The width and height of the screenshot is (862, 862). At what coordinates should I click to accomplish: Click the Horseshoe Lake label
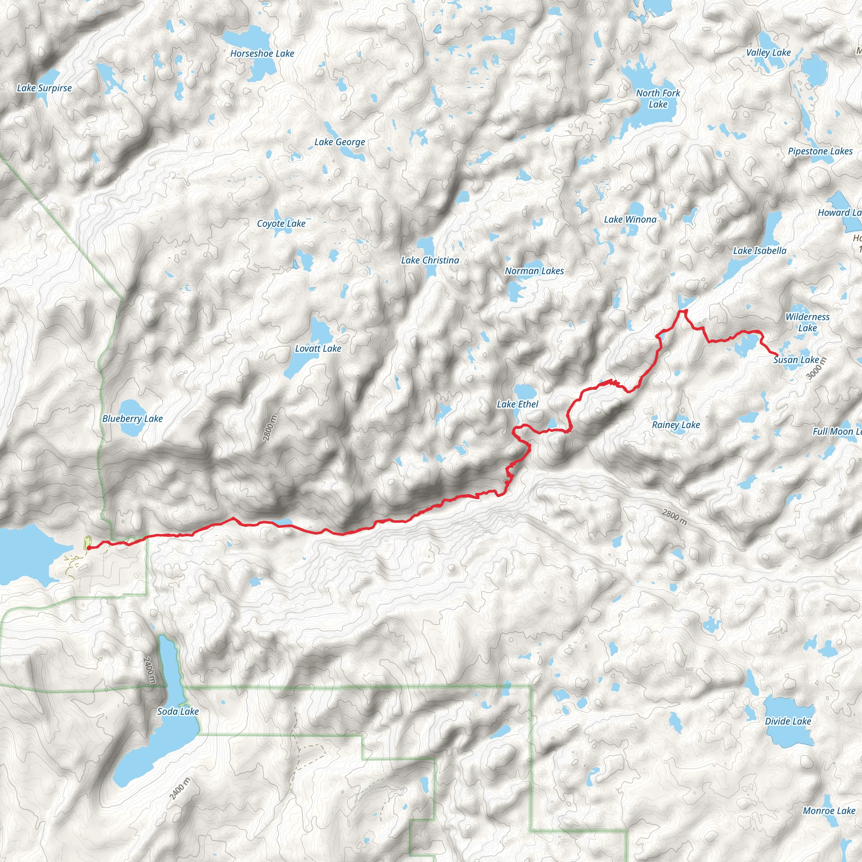click(262, 53)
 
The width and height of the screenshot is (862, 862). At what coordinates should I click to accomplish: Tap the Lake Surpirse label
click(44, 88)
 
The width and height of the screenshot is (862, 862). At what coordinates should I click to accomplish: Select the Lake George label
click(340, 142)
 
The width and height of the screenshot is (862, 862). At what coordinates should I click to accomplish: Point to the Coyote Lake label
click(281, 223)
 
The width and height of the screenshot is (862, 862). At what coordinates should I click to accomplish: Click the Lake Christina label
click(430, 260)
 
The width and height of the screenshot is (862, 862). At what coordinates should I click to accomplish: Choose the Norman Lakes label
click(534, 271)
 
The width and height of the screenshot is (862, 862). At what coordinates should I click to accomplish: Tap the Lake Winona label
click(630, 220)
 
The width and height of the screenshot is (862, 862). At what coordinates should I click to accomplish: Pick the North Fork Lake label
click(658, 98)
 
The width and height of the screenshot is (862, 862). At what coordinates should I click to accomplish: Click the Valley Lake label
click(768, 53)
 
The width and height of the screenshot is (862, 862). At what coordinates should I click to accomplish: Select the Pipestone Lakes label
click(820, 151)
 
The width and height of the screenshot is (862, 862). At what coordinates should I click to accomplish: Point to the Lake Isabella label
click(759, 251)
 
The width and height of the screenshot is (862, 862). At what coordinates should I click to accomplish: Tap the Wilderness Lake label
click(808, 322)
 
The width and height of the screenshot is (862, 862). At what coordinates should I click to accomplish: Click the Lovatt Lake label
click(318, 349)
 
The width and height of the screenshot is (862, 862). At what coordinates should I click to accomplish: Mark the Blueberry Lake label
click(133, 418)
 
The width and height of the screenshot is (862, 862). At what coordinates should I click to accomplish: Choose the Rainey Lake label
click(676, 425)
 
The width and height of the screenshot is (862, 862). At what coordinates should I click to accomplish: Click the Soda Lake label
click(178, 711)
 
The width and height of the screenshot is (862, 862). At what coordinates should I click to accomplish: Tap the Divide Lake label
click(788, 721)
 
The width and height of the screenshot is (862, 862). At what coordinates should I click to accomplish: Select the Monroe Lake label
click(829, 811)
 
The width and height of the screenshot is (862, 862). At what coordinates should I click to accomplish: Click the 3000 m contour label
click(817, 369)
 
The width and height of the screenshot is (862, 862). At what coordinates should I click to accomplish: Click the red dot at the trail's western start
click(89, 548)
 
